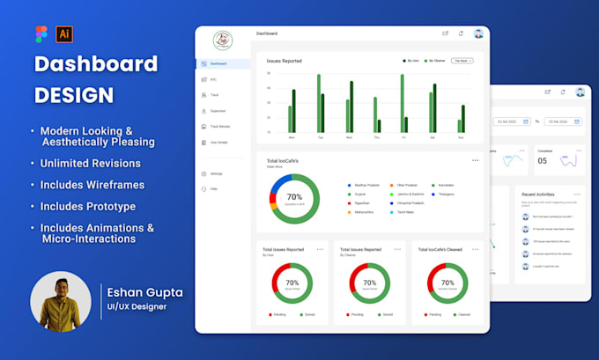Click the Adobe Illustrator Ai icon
pos(64,33)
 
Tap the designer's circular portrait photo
pos(61,301)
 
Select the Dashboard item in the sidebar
pos(218,63)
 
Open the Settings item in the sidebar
pos(216,173)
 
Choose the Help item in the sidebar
pos(214,189)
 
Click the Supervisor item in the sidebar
pos(218,111)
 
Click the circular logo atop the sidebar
pos(223,40)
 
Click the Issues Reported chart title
pos(285,61)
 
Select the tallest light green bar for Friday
pos(403,103)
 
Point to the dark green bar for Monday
pos(294,111)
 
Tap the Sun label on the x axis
pos(461,138)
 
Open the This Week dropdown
pos(462,61)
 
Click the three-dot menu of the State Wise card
pos(475,160)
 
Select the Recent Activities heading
pos(538,194)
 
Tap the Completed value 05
pos(543,160)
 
